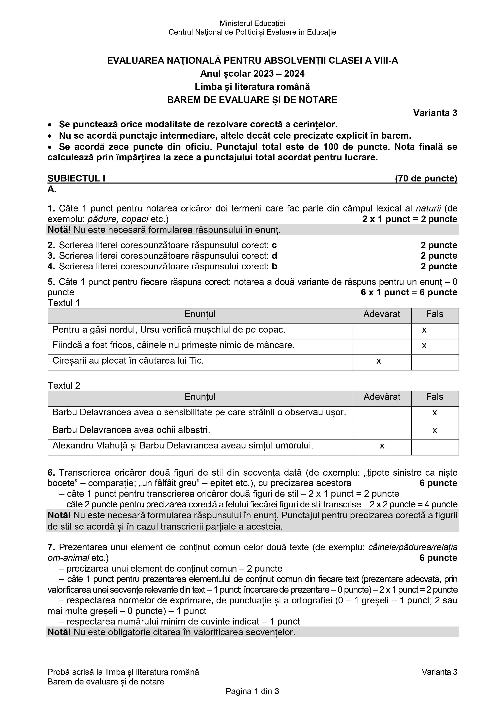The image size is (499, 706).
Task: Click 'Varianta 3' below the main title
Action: click(435, 113)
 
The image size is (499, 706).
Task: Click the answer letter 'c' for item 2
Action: click(274, 245)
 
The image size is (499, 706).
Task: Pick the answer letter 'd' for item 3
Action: click(275, 256)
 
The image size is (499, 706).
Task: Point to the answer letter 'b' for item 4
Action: click(275, 266)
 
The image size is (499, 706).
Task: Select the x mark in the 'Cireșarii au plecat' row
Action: click(379, 361)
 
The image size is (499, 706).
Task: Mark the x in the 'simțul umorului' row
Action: click(382, 446)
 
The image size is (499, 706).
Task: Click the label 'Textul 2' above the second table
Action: click(64, 386)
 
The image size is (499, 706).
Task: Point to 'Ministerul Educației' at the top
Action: click(252, 23)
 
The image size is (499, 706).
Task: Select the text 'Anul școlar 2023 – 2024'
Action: click(252, 74)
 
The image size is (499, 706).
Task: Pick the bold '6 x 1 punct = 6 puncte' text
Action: click(409, 292)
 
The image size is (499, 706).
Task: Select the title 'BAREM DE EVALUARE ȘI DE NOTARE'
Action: click(252, 100)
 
